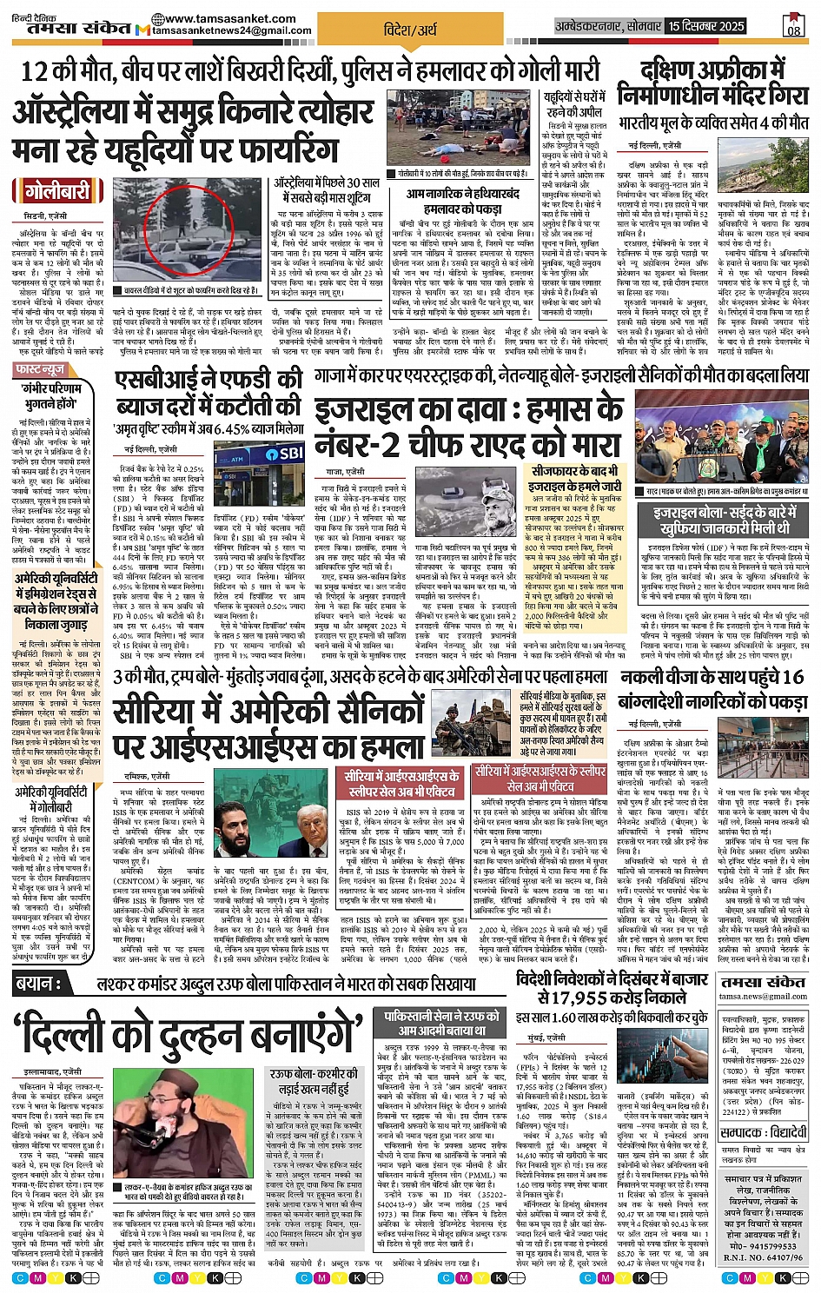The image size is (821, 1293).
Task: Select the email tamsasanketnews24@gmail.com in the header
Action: coord(232,30)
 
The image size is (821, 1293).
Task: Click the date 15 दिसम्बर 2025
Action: coord(706,26)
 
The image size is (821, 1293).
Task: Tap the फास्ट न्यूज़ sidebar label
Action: coord(41,370)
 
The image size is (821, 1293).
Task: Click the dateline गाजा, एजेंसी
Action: coord(345,471)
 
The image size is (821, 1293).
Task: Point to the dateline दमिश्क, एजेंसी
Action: coord(149,774)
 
